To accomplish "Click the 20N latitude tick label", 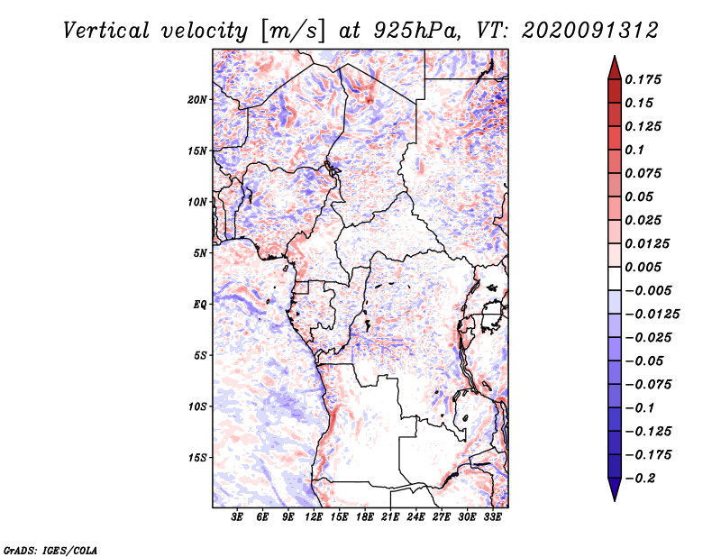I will click(x=197, y=99).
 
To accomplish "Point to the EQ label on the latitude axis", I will click(x=199, y=304).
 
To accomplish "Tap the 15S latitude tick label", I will click(x=197, y=458).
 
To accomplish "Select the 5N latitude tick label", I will click(x=200, y=253).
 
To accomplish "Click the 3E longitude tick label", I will click(x=238, y=517).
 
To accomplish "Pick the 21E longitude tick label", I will click(x=390, y=517).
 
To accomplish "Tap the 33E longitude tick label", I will click(x=492, y=517).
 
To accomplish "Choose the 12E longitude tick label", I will click(x=314, y=517).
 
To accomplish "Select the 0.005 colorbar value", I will click(x=645, y=267).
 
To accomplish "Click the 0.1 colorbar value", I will click(x=636, y=150).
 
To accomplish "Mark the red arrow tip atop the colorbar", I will click(x=614, y=60).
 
